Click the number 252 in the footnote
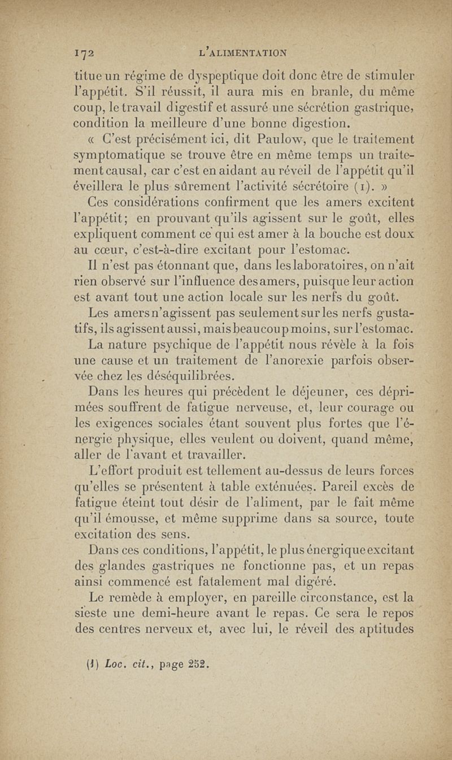click(x=197, y=659)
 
